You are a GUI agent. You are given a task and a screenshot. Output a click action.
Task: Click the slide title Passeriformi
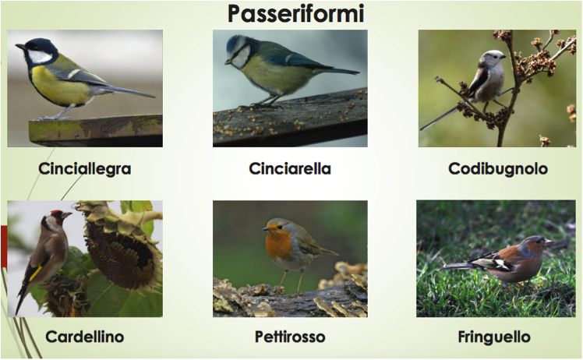(295, 14)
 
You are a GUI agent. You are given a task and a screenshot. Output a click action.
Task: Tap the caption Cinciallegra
(85, 169)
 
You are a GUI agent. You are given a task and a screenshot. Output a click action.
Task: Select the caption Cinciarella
(290, 169)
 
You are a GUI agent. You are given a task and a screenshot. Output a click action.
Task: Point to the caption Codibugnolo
(498, 169)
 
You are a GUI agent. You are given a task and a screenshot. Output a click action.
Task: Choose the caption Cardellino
(85, 337)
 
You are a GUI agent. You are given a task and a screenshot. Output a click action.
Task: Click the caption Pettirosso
(290, 337)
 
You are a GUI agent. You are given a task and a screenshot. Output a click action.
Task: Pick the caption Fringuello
(494, 337)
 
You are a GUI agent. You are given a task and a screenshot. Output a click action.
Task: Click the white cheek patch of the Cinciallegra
(40, 57)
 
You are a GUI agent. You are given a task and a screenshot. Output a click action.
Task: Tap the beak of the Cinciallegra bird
(20, 47)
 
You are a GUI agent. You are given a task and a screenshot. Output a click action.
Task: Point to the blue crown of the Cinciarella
(233, 41)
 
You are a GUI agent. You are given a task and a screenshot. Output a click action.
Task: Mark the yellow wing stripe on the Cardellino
(36, 274)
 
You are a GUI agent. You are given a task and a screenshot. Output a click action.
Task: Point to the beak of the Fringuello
(549, 242)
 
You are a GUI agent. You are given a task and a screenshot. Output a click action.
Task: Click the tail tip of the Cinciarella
(358, 73)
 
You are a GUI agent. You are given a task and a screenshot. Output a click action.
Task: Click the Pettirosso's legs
(291, 283)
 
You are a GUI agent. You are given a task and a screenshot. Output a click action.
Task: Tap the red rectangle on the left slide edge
(4, 246)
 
